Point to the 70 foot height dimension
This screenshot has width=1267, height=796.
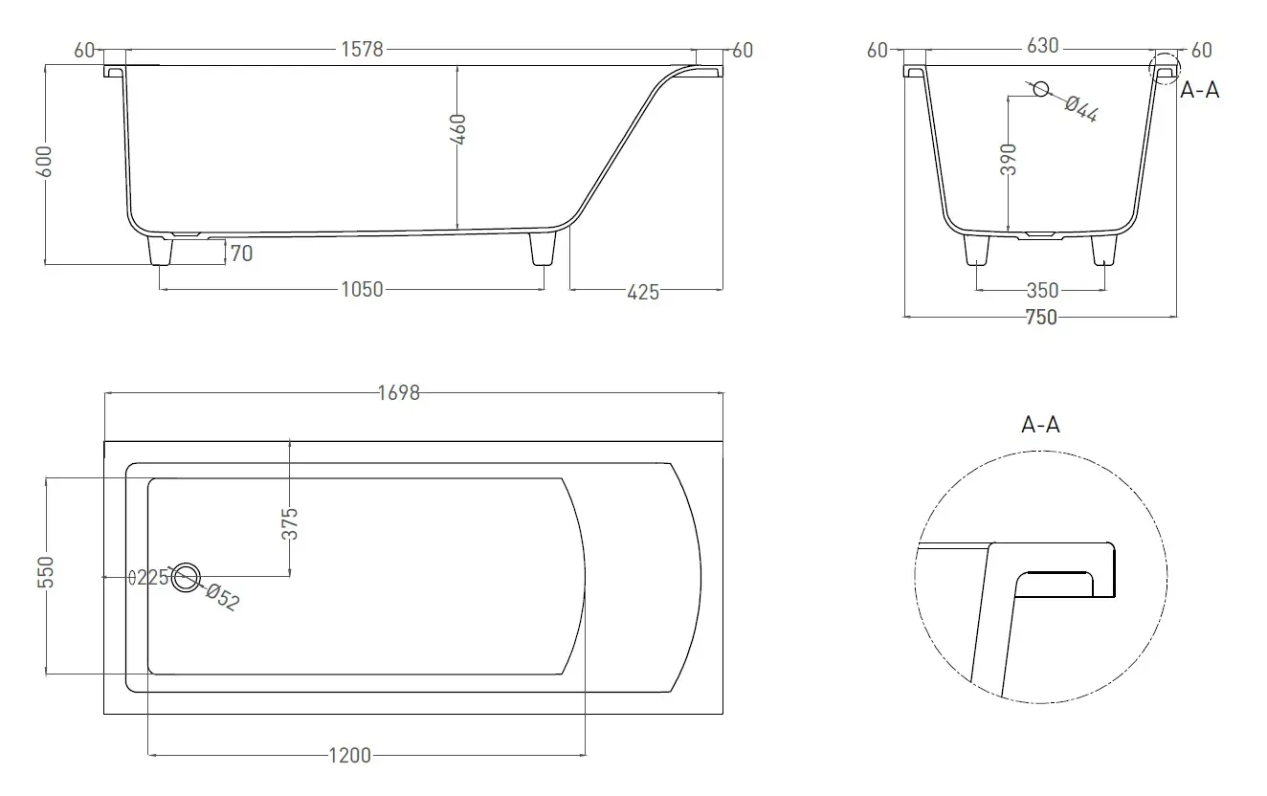[x=241, y=254]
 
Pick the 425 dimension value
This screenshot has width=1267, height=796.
[x=642, y=292]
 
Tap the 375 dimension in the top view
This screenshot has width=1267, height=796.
[x=291, y=523]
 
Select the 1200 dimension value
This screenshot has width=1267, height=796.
[x=350, y=756]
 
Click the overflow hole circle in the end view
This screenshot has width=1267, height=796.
[x=1039, y=89]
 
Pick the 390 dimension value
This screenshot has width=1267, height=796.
[x=1008, y=159]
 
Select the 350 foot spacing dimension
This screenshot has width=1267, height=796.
[x=1041, y=290]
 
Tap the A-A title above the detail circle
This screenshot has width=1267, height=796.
[x=1040, y=424]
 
